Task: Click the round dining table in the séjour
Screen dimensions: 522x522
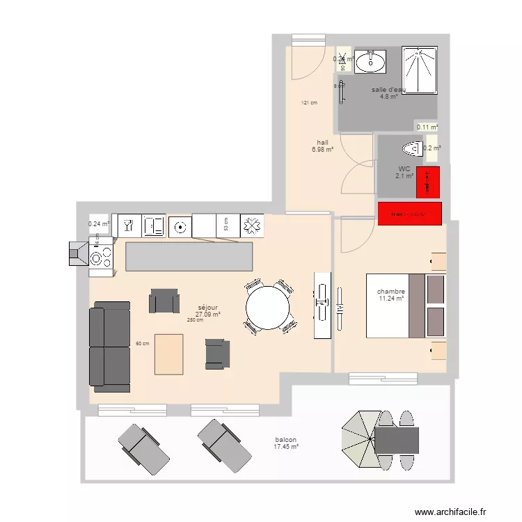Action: [x=268, y=308]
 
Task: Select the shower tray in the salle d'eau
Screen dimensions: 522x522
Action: [x=419, y=70]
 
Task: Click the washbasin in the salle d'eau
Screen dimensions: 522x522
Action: [x=370, y=61]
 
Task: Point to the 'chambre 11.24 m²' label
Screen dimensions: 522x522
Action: [x=391, y=295]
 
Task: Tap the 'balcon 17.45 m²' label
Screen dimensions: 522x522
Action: [x=286, y=443]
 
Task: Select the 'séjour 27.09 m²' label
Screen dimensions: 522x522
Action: [x=207, y=310]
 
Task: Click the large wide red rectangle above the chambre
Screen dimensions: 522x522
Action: [x=410, y=214]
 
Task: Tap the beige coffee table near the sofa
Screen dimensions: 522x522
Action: [x=169, y=355]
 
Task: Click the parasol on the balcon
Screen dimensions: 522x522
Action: [x=359, y=440]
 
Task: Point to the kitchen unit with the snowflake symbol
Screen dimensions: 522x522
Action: [x=251, y=226]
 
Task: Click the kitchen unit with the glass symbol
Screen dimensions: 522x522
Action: [x=128, y=226]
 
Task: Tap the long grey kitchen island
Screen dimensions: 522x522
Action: [x=189, y=256]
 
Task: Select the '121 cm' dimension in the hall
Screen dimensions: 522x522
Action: [x=309, y=104]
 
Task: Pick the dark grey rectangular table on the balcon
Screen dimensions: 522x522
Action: [x=397, y=440]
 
